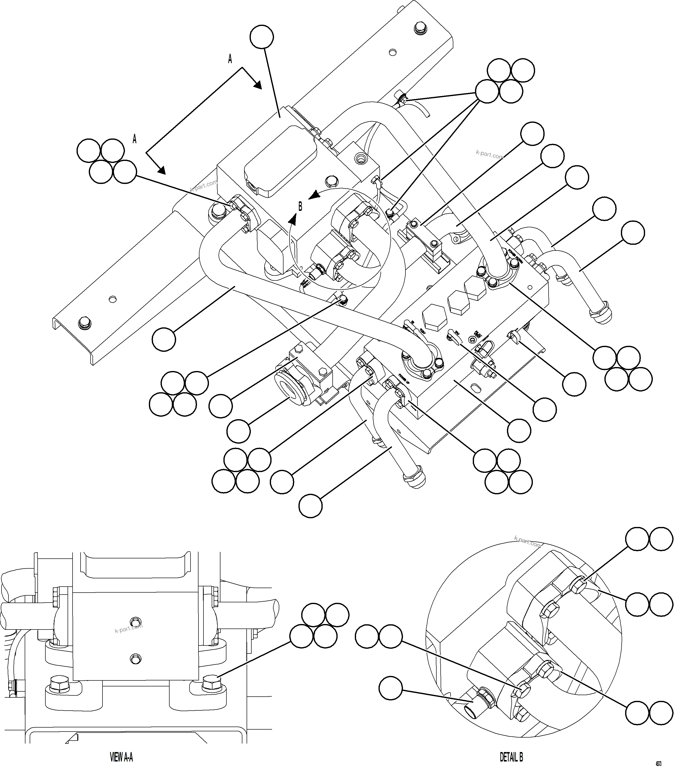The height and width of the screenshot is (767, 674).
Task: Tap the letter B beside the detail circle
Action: [300, 206]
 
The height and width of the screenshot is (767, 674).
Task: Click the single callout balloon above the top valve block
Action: [262, 37]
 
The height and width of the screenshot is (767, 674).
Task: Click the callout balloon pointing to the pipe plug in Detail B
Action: [390, 688]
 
